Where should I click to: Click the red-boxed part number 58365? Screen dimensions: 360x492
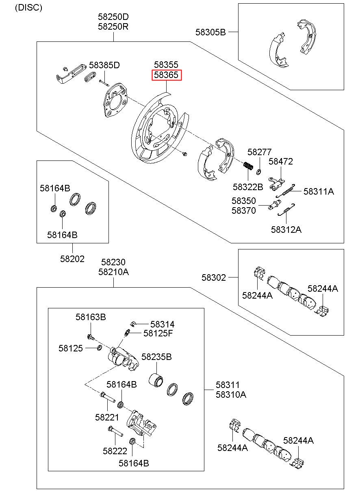[x=166, y=75]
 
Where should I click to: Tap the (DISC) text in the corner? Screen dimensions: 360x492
[x=28, y=8]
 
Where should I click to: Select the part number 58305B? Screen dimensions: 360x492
[x=210, y=32]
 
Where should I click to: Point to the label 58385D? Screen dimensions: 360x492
[x=104, y=65]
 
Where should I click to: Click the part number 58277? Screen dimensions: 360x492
[x=259, y=152]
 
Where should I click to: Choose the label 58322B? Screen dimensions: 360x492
[x=248, y=187]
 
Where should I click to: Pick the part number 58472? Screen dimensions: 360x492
[x=281, y=162]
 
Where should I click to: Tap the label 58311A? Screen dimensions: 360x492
[x=319, y=192]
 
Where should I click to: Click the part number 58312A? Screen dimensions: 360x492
[x=286, y=230]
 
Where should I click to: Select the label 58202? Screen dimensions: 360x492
[x=72, y=259]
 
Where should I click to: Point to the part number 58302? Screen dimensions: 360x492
[x=213, y=278]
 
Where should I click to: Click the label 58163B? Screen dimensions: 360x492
[x=91, y=317]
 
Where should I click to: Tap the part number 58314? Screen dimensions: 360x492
[x=162, y=325]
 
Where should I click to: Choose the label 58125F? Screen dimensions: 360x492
[x=158, y=334]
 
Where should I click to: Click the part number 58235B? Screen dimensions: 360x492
[x=156, y=357]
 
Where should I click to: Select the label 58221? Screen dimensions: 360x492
[x=107, y=418]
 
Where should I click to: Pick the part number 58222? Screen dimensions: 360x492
[x=115, y=451]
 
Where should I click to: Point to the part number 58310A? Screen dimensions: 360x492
[x=231, y=395]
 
